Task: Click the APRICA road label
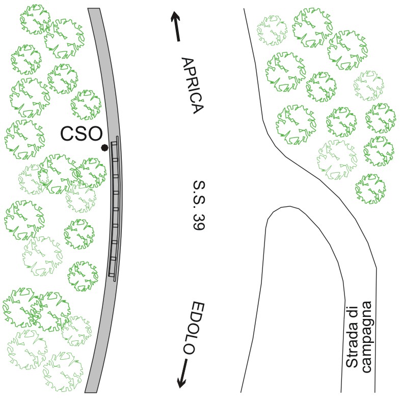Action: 193,86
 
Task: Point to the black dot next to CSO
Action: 104,148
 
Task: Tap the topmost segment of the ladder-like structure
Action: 114,144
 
